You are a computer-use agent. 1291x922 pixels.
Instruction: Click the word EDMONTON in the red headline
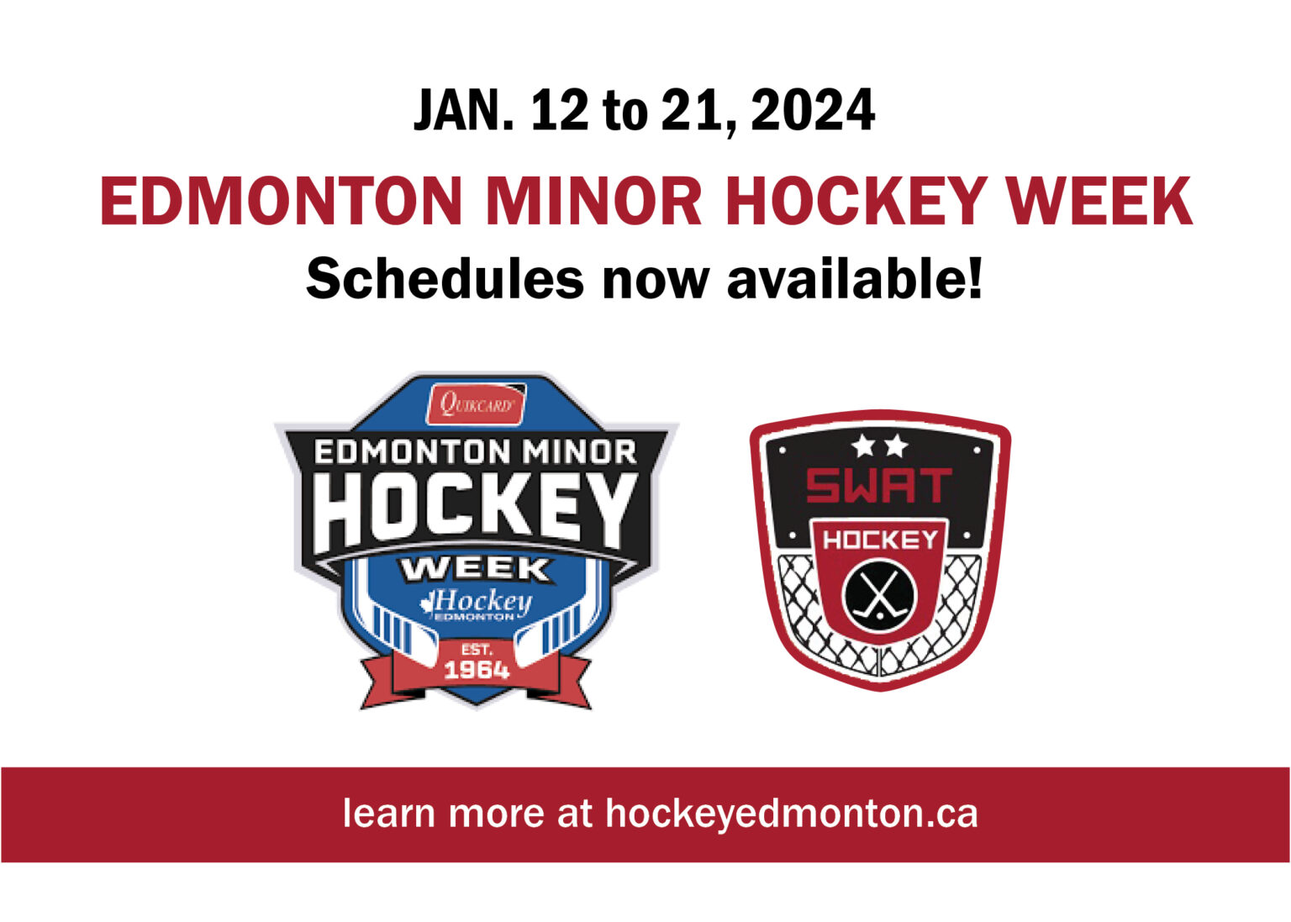(x=282, y=202)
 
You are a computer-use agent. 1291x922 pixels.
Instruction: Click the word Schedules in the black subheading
(x=445, y=278)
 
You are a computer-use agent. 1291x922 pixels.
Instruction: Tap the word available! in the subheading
(x=854, y=278)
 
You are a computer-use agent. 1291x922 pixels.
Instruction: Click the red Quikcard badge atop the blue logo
(x=476, y=404)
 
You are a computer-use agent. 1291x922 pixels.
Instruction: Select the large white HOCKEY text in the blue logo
(x=477, y=510)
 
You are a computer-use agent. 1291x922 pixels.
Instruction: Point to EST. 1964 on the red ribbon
(x=476, y=661)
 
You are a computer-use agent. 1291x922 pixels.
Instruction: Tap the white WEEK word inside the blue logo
(x=476, y=569)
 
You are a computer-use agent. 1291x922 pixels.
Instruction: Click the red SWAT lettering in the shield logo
(x=878, y=486)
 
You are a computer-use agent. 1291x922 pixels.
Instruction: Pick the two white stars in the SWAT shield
(x=879, y=445)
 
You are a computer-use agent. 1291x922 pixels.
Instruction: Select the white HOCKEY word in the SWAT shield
(x=880, y=539)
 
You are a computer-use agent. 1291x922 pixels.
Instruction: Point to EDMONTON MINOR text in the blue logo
(x=476, y=452)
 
